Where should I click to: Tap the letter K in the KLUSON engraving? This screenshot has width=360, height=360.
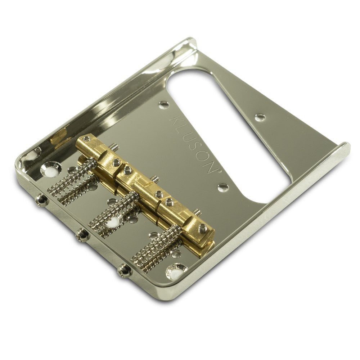click(x=176, y=120)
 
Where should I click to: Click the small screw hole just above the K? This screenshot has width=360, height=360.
click(x=164, y=105)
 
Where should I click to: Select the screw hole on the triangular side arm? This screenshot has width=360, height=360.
click(x=259, y=117)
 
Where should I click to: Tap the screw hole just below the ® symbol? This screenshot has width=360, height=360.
click(x=223, y=187)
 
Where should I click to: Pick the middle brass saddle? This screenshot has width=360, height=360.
click(x=142, y=176)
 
